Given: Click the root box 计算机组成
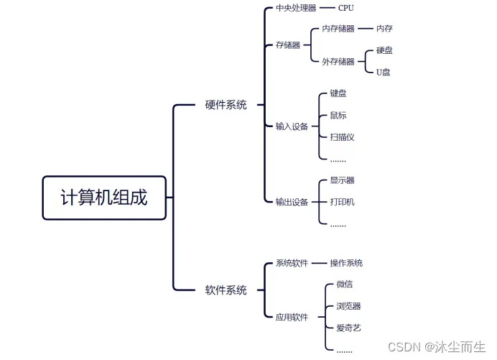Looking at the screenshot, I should [104, 198].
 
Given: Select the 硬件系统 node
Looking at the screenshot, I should [226, 105].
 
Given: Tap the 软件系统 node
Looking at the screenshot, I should [226, 290].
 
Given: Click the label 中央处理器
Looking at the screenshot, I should [296, 8].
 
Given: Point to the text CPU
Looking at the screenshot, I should [345, 8].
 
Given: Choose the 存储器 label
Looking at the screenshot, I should [287, 45].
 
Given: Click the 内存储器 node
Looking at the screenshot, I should [338, 29].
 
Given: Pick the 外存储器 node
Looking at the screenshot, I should [338, 62].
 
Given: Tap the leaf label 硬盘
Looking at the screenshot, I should [384, 50].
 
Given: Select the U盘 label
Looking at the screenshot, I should [384, 72].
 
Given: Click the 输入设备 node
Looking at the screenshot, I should [292, 126].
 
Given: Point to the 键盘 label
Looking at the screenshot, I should [338, 93].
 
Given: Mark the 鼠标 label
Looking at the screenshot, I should [338, 115].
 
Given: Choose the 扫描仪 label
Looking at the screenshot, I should [342, 137].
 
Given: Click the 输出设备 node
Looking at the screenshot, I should [292, 202].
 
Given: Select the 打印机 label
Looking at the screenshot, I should [342, 202].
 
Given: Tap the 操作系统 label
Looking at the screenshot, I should [346, 263].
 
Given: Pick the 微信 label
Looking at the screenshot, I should [344, 285].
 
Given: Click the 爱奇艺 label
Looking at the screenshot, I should [348, 328].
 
